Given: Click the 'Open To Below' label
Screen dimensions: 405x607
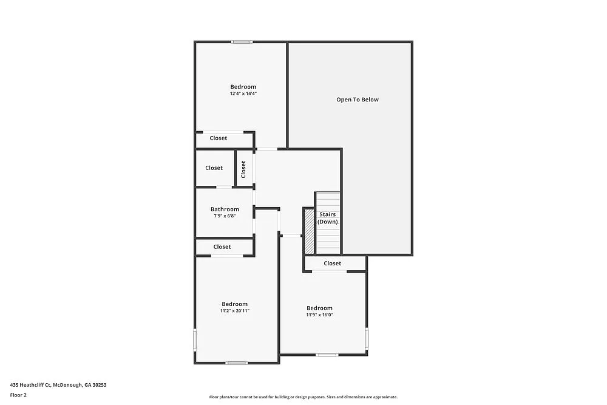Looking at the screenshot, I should (x=358, y=100).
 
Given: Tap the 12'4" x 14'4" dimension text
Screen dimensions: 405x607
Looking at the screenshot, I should (x=243, y=94).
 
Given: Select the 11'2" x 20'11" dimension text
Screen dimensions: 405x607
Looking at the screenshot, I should (x=235, y=311).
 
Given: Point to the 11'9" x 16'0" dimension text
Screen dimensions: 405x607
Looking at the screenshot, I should (x=319, y=315).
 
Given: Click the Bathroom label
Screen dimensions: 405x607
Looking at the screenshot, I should (x=225, y=209).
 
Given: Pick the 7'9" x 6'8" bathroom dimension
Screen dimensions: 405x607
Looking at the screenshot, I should (x=225, y=216).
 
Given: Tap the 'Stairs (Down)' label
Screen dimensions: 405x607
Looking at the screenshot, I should (x=328, y=218).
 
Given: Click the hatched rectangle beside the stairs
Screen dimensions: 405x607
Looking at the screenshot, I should (x=308, y=231).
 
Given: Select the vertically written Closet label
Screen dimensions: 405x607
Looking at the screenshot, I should (x=244, y=169).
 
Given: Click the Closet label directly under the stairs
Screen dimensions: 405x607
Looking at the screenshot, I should (x=333, y=264).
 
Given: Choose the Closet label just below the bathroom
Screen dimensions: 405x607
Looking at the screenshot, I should (x=222, y=247).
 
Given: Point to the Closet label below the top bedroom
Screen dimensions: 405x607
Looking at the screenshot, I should (x=219, y=138).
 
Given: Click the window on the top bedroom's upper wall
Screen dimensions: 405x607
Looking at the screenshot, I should (x=242, y=42).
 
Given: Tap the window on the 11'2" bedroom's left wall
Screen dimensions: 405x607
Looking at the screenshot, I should (x=195, y=339).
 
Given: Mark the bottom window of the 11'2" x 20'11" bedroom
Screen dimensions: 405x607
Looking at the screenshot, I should (x=237, y=363).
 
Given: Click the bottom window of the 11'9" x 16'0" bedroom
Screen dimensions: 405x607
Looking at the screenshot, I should (x=327, y=355).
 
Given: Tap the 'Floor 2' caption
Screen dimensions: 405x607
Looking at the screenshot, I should (x=18, y=395).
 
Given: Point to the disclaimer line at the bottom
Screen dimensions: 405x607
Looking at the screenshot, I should (x=303, y=397).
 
